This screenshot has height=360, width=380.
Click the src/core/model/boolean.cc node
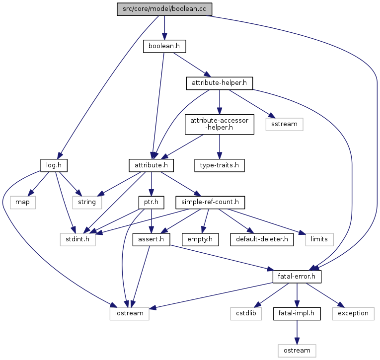pos(164,9)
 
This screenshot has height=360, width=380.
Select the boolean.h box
pos(164,46)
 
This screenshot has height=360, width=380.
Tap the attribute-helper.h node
pos(219,83)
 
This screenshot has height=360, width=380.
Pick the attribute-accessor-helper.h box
pos(219,124)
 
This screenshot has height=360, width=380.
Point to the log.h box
pos(53,164)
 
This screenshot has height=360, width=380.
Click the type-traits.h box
pos(219,164)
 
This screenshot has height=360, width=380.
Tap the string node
pos(87,202)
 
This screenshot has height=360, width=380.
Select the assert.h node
pos(151,239)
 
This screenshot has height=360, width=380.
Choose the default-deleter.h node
pos(261,239)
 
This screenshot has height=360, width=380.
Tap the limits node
pos(319,239)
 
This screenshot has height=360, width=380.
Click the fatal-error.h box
pos(297,276)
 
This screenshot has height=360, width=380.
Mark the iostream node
pos(129,313)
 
